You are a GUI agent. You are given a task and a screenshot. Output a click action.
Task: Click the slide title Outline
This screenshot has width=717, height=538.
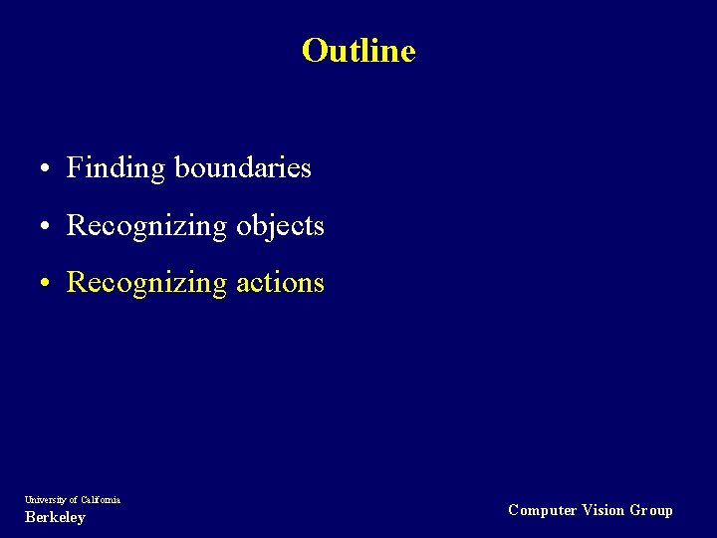[358, 51]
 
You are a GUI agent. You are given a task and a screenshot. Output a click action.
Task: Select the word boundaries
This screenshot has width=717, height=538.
[243, 167]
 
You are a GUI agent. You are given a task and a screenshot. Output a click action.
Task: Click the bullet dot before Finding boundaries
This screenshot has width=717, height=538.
[47, 169]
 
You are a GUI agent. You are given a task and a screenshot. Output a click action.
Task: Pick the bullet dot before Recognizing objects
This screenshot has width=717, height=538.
[47, 227]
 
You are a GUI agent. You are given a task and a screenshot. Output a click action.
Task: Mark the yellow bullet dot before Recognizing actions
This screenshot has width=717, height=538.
[47, 284]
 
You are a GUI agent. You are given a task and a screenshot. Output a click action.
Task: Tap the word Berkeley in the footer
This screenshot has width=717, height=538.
[55, 517]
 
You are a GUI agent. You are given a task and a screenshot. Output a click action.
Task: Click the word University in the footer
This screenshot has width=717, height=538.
[45, 499]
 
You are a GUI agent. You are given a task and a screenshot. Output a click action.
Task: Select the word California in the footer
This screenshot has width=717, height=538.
[101, 499]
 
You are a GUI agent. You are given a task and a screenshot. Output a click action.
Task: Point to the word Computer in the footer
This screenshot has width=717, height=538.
[542, 510]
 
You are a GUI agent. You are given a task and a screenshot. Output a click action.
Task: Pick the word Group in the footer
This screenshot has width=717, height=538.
[651, 510]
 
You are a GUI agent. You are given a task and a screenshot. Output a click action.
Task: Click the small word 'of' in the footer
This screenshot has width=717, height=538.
[73, 499]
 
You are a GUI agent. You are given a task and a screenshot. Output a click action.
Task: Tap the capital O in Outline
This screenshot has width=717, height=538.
[314, 51]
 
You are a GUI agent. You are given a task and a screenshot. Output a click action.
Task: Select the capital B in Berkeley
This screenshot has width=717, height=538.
[29, 517]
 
